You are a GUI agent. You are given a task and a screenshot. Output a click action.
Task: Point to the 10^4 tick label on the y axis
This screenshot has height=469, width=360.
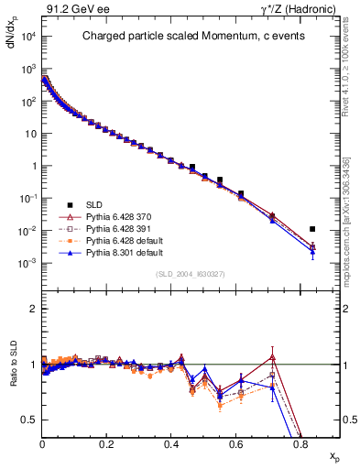[x=27, y=37]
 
